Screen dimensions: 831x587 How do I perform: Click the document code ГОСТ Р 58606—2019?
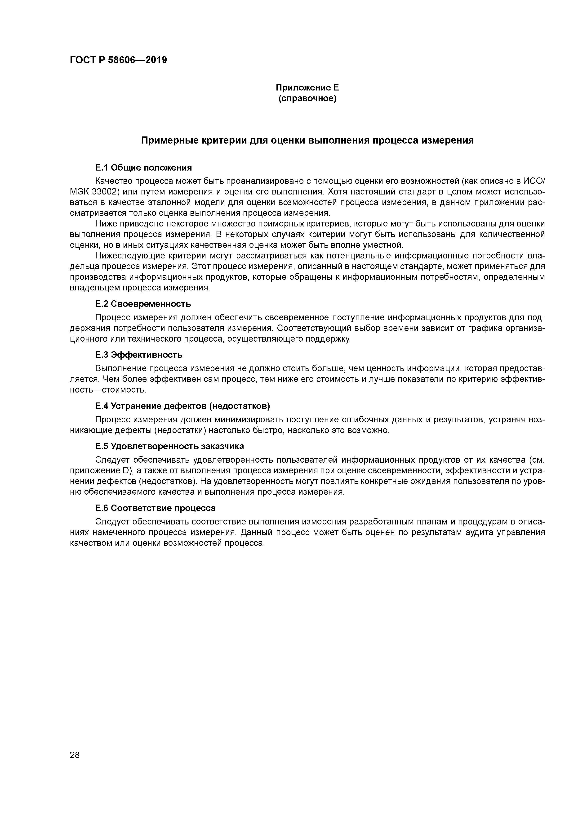point(118,60)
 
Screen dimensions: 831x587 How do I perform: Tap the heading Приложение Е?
point(307,88)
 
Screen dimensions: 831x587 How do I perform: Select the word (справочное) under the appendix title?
point(307,99)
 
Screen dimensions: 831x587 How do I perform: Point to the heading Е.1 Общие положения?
point(144,167)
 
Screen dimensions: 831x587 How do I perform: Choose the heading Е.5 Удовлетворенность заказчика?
point(170,446)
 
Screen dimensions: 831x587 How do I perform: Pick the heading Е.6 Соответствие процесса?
point(156,508)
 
